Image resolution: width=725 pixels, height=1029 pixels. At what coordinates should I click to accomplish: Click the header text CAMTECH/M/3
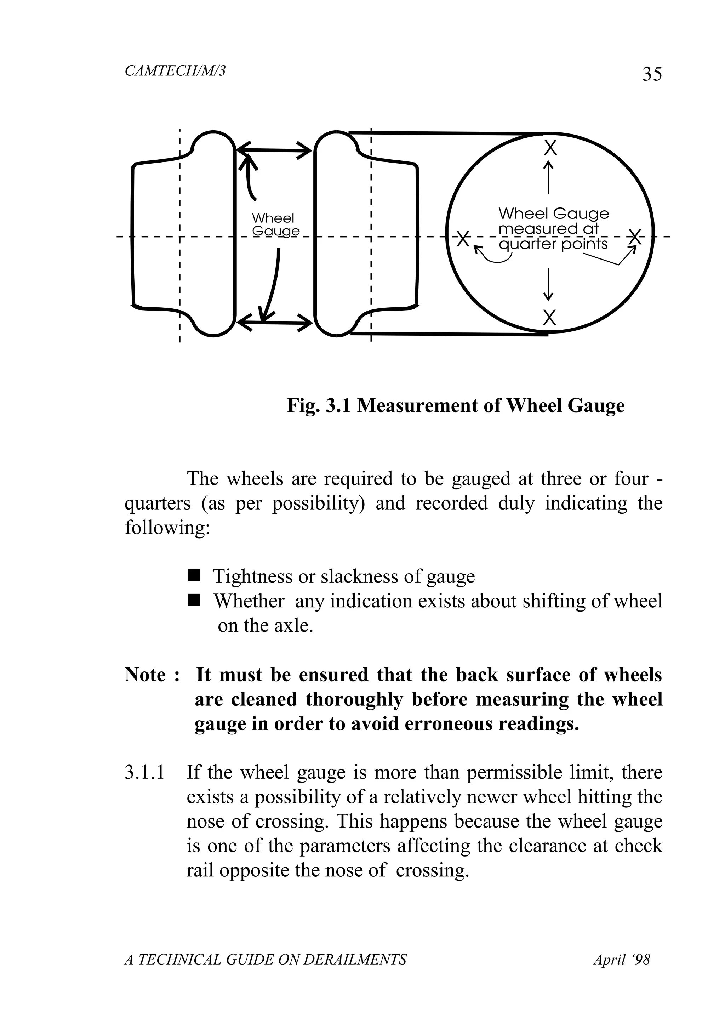(175, 71)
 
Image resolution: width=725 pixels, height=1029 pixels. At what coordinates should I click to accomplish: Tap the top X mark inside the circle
(550, 147)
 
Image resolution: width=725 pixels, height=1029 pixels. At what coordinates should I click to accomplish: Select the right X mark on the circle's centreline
(634, 237)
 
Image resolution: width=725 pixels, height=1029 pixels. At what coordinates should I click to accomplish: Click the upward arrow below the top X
(548, 177)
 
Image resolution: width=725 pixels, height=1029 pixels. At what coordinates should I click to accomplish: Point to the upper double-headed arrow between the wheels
(273, 150)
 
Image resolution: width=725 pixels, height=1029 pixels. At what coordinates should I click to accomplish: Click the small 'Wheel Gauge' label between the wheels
(274, 224)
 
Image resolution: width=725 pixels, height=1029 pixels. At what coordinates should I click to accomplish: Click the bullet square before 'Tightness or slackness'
(194, 575)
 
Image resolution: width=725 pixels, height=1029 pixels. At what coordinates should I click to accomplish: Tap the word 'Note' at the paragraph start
(145, 675)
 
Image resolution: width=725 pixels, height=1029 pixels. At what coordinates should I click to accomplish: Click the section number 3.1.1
(144, 773)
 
